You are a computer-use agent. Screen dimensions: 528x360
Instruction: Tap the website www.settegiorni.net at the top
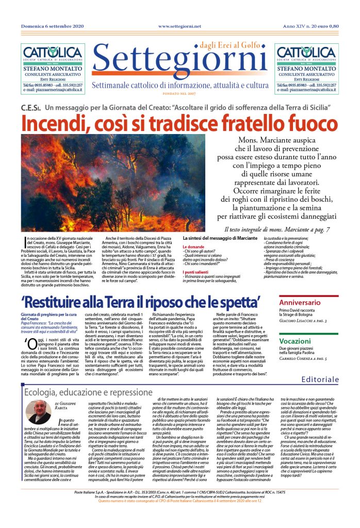click(x=179, y=26)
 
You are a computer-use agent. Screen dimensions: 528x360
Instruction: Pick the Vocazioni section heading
click(x=295, y=341)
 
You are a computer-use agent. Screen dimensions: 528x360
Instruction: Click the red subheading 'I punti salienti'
click(x=194, y=271)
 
